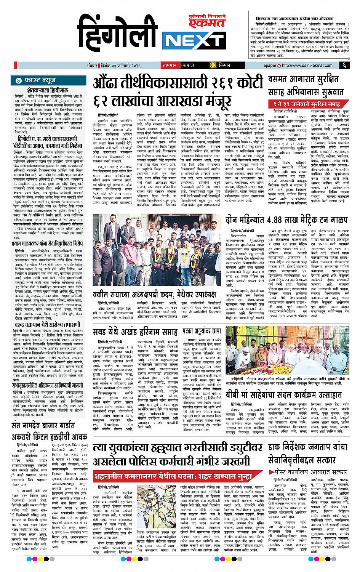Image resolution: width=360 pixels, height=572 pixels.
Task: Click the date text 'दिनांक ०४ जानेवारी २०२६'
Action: tap(127, 65)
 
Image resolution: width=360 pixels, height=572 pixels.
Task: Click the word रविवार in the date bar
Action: tap(101, 65)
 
